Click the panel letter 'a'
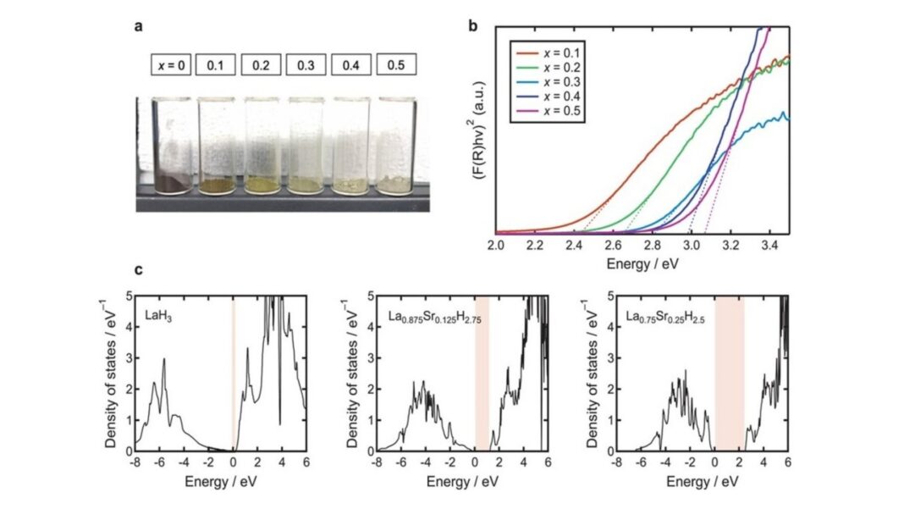(139, 25)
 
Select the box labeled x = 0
(171, 64)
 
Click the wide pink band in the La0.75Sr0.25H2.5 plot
(730, 373)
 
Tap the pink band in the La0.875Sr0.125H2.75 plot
(482, 373)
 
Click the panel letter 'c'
(139, 272)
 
